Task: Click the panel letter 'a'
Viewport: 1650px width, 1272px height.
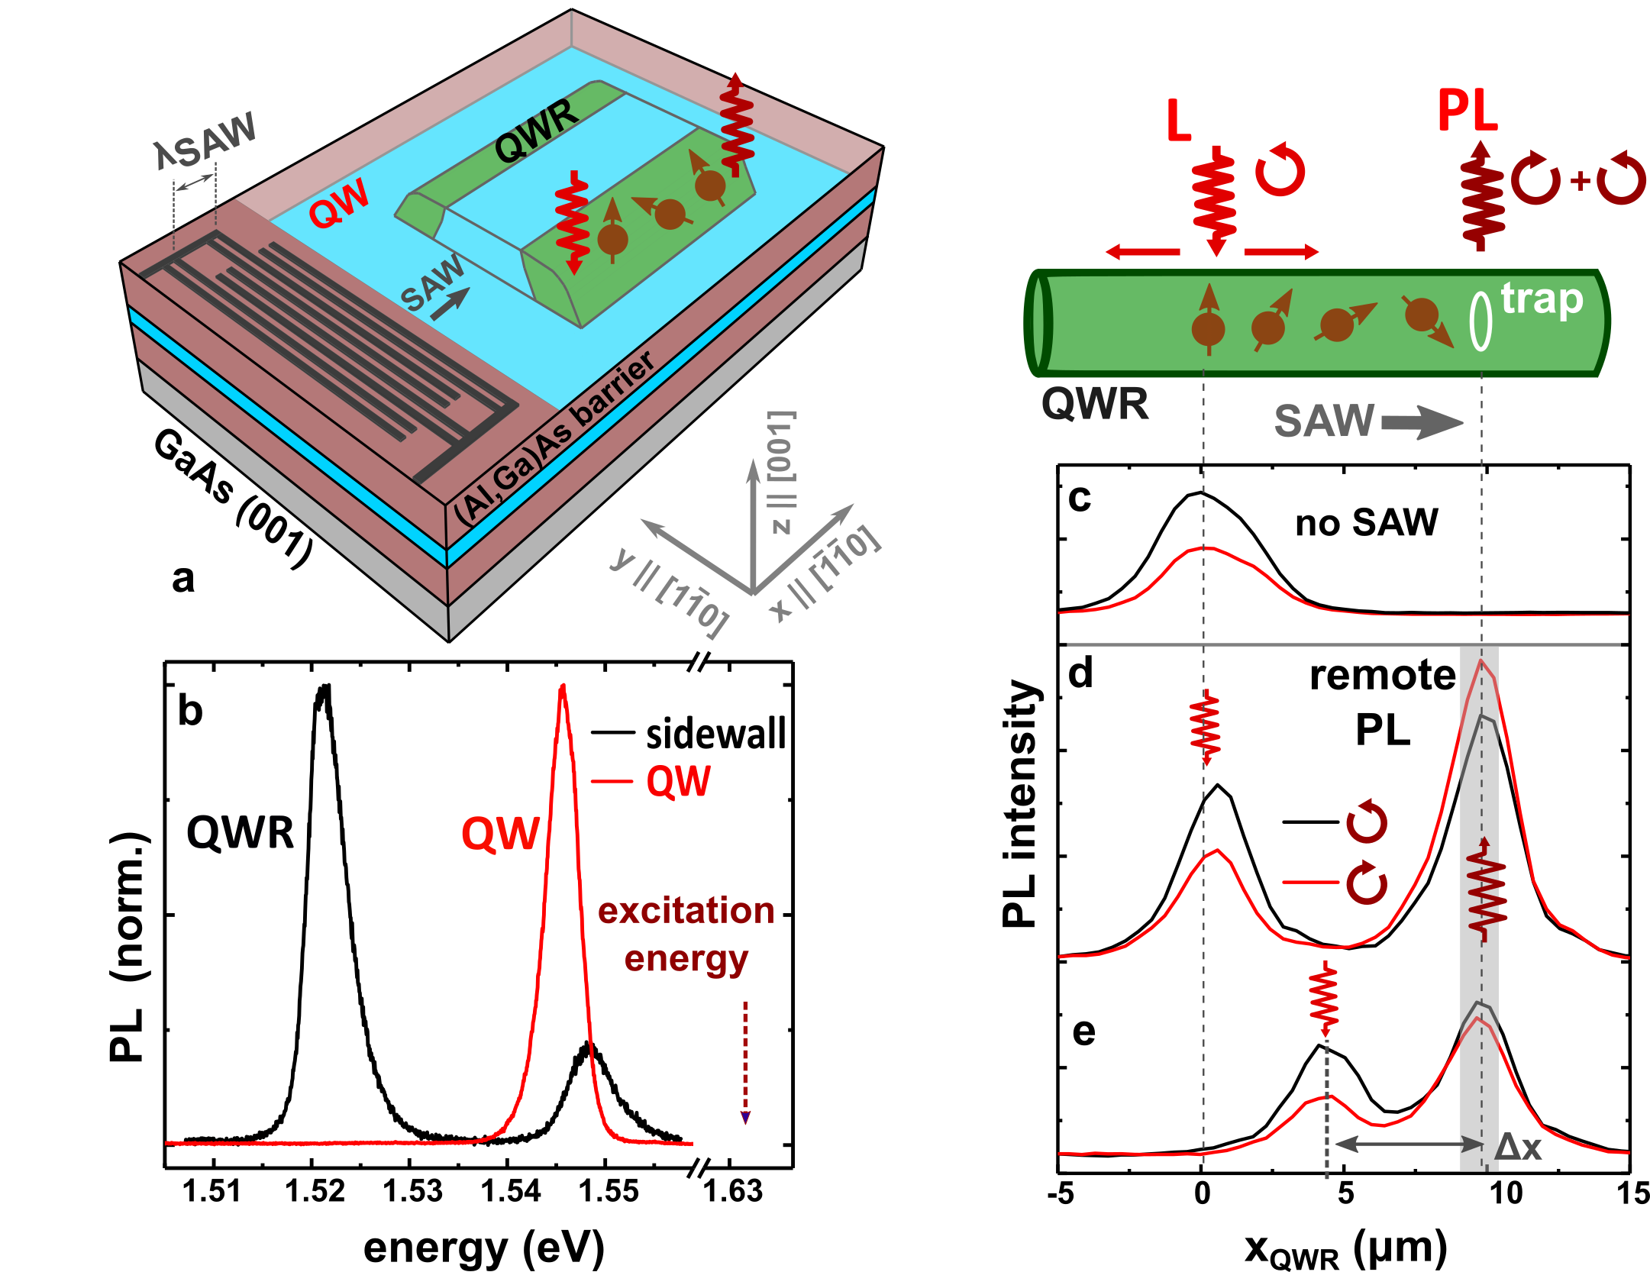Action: (182, 580)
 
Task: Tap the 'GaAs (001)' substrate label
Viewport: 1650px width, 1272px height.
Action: (233, 497)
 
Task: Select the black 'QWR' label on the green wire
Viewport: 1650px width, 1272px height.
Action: (536, 133)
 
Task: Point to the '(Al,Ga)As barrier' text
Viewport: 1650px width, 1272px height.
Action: (554, 438)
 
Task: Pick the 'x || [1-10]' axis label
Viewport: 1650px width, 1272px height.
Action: (825, 573)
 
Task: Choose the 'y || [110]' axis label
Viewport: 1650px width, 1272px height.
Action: (670, 592)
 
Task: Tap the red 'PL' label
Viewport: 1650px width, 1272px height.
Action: (1467, 111)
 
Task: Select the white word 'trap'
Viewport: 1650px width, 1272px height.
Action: (1542, 299)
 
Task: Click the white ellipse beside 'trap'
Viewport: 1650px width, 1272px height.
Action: (1480, 321)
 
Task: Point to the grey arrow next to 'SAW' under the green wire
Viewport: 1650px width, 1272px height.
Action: (1422, 422)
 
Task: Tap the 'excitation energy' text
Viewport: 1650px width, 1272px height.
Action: (686, 935)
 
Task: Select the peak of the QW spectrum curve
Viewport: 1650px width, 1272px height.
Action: (563, 686)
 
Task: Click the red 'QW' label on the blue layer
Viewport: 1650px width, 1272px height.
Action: (340, 204)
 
